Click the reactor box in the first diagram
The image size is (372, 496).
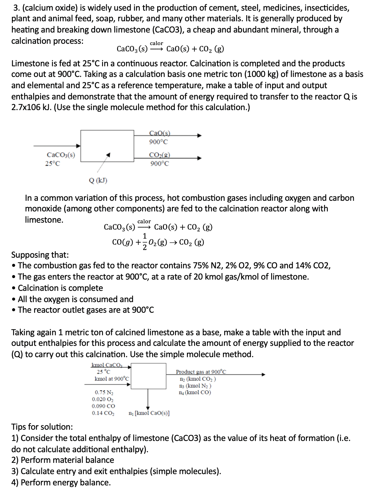(x=107, y=145)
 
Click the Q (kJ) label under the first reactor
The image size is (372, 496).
(x=98, y=180)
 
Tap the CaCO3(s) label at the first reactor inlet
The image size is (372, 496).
(x=61, y=155)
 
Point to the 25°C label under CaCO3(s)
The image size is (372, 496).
(x=53, y=163)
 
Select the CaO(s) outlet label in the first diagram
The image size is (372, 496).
(x=160, y=133)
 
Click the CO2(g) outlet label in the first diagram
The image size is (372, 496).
(x=160, y=154)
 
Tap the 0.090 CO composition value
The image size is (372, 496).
(x=103, y=406)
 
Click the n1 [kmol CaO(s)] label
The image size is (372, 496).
(x=149, y=413)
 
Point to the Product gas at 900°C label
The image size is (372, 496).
(x=201, y=372)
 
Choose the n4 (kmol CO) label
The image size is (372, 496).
(x=195, y=392)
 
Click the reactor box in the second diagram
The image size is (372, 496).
(x=148, y=376)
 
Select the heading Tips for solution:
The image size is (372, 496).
(x=42, y=427)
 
